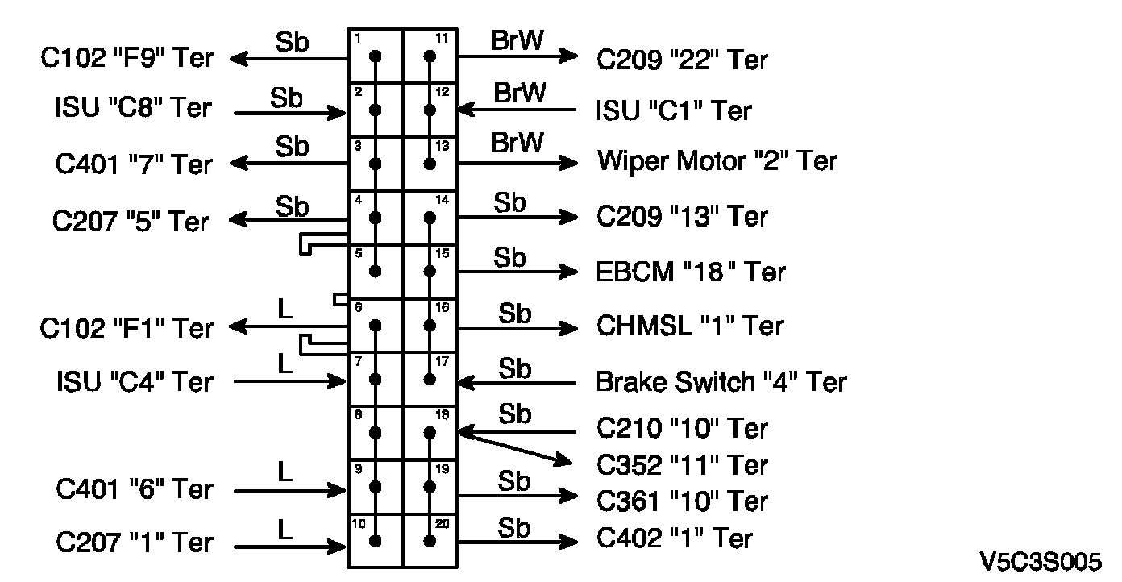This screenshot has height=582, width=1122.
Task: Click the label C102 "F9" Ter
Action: [127, 58]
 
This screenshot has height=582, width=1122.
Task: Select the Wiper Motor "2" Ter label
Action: [717, 161]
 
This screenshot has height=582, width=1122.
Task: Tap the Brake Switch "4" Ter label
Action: [721, 381]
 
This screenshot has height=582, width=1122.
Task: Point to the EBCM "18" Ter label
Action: [691, 272]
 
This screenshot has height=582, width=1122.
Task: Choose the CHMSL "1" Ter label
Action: [690, 326]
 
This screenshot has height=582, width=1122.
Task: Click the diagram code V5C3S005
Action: [1041, 561]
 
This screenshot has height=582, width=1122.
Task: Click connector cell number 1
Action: [375, 56]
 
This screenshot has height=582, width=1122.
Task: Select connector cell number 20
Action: [430, 540]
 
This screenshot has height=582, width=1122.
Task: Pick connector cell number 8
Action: [375, 433]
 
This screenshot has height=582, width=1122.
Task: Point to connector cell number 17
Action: [430, 379]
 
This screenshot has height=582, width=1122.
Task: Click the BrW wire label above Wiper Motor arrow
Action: [517, 143]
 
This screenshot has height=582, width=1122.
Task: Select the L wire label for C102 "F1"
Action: [284, 310]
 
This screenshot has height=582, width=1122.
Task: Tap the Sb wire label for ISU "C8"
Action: [286, 99]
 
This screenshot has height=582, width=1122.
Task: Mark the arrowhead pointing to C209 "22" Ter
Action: [569, 56]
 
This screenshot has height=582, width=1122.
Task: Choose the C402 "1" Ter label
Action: [675, 538]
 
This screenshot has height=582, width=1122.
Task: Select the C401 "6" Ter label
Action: [135, 489]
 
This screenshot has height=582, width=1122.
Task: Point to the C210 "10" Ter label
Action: [682, 428]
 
